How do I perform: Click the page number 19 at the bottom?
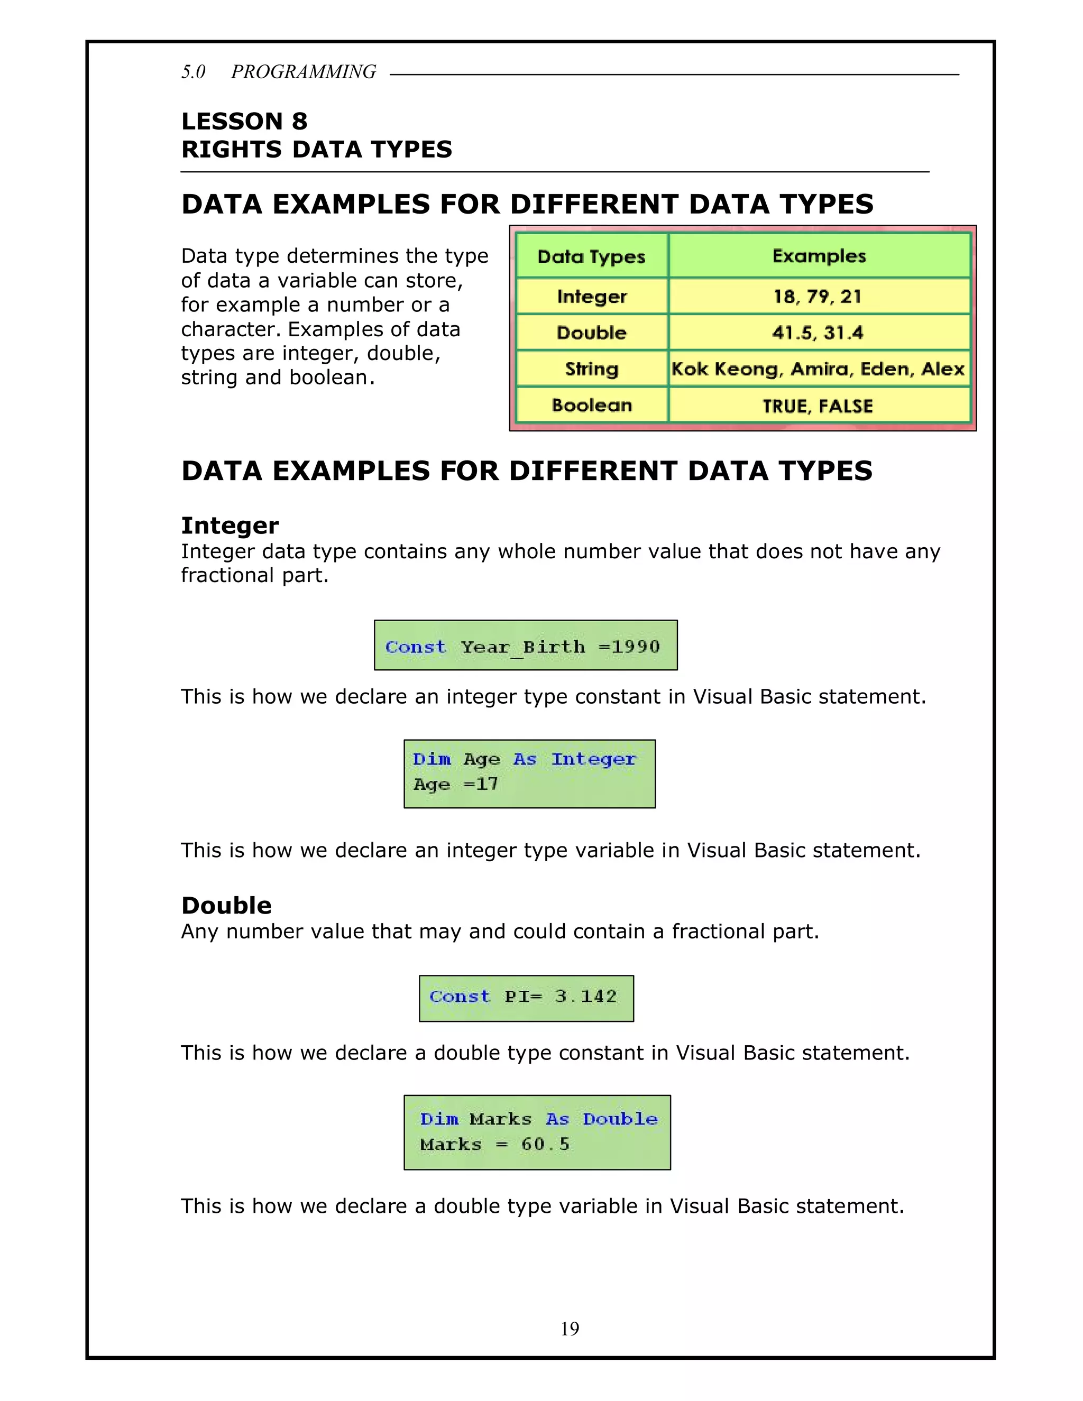pyautogui.click(x=570, y=1329)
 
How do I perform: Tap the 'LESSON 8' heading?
pyautogui.click(x=244, y=121)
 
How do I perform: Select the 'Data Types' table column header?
pyautogui.click(x=592, y=256)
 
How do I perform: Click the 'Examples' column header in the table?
pyautogui.click(x=819, y=256)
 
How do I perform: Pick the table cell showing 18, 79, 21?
pyautogui.click(x=818, y=297)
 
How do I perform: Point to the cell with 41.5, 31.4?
pyautogui.click(x=818, y=333)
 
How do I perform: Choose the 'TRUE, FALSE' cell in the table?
pyautogui.click(x=818, y=406)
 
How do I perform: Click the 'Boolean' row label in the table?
pyautogui.click(x=592, y=405)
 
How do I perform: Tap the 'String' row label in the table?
pyautogui.click(x=592, y=369)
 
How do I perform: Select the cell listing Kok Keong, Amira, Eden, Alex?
pyautogui.click(x=818, y=369)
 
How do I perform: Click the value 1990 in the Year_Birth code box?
pyautogui.click(x=635, y=647)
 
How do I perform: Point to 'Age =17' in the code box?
pyautogui.click(x=455, y=784)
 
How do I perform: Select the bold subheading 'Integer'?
pyautogui.click(x=230, y=526)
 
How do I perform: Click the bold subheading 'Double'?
pyautogui.click(x=226, y=905)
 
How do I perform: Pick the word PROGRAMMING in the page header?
pyautogui.click(x=304, y=72)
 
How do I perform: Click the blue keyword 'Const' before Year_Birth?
pyautogui.click(x=415, y=647)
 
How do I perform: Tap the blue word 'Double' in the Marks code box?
pyautogui.click(x=620, y=1119)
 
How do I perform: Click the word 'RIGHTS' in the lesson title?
pyautogui.click(x=232, y=150)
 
